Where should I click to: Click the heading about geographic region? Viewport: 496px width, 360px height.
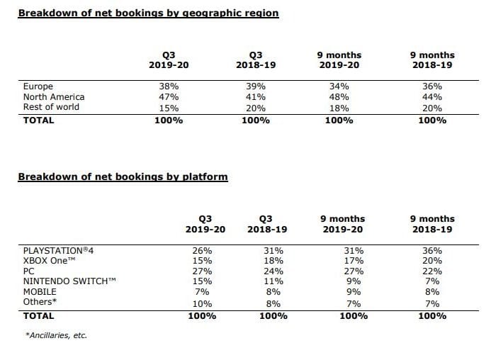[148, 13]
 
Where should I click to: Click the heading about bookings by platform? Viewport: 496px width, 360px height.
[123, 177]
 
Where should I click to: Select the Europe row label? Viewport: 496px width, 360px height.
[38, 86]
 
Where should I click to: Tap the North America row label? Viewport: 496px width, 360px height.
[54, 97]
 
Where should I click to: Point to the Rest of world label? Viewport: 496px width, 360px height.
[51, 107]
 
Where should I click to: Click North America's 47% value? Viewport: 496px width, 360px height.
[169, 97]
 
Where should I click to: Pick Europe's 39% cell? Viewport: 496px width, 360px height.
[256, 86]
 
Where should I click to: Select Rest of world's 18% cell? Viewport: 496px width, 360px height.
[339, 108]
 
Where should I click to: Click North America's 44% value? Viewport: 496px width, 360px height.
[432, 97]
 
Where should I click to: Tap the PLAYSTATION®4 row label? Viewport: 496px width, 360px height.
[58, 251]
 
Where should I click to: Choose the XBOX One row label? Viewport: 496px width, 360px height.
[50, 261]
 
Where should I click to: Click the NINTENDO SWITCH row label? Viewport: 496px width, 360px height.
[69, 281]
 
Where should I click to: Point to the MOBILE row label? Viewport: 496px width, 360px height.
[40, 292]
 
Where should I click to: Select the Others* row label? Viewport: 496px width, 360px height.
[40, 302]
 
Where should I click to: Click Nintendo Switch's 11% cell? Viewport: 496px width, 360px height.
[274, 281]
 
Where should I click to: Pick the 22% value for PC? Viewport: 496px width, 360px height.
[432, 271]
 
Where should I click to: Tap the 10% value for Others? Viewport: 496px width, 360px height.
[203, 304]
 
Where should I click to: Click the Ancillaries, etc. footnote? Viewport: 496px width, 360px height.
[56, 335]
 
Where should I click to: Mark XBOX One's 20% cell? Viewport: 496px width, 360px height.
[432, 261]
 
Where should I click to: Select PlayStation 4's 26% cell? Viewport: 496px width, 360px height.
[203, 251]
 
